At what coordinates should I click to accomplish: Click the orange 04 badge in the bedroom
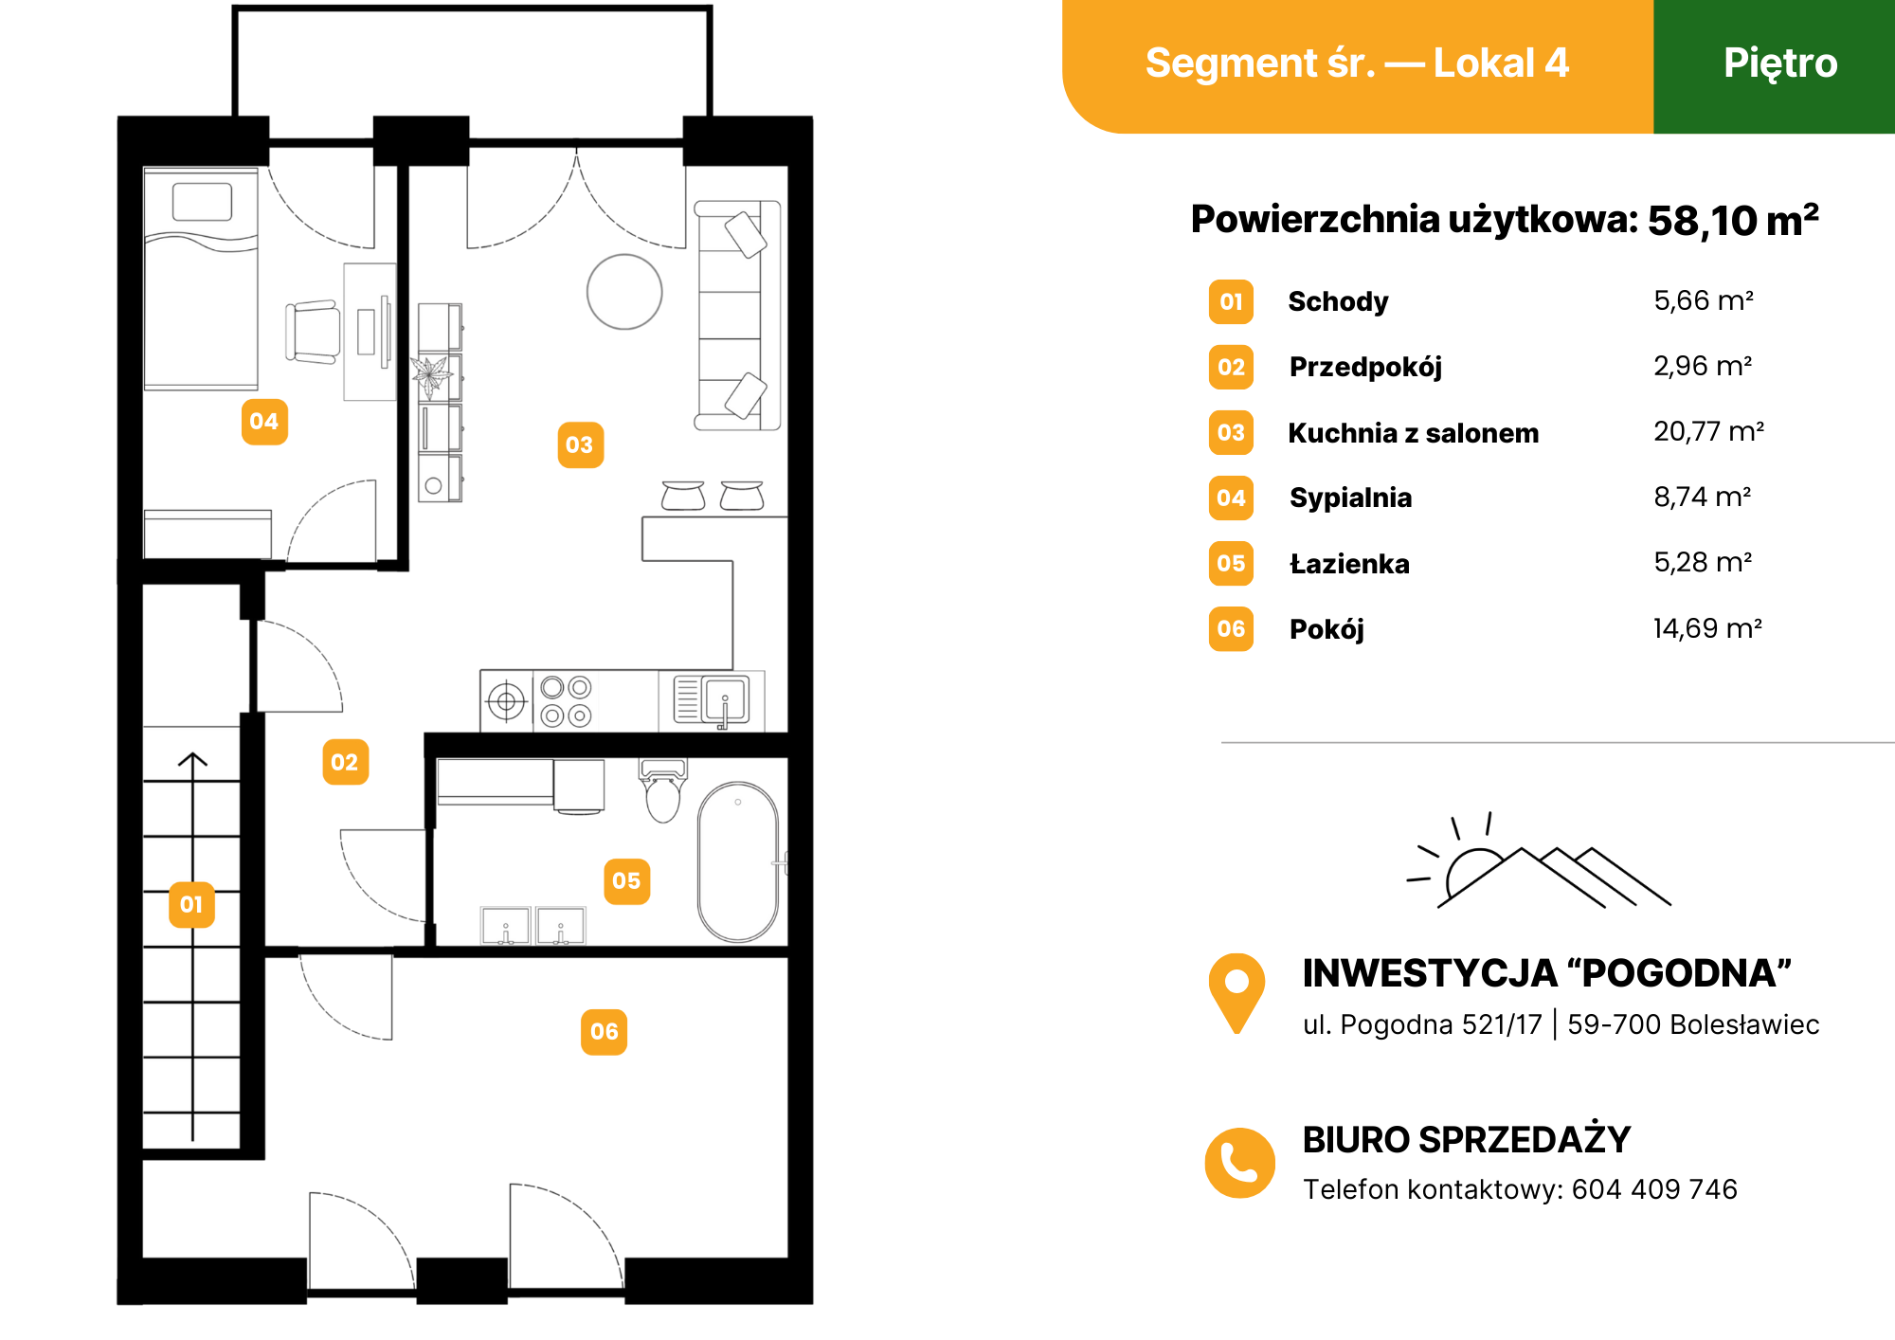(x=264, y=422)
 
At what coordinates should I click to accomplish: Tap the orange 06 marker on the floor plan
(x=604, y=1032)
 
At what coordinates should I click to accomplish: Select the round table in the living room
(x=624, y=292)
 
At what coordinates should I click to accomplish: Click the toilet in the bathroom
(x=663, y=790)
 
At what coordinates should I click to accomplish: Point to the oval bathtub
(x=738, y=862)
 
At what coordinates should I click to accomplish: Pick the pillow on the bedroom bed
(x=202, y=202)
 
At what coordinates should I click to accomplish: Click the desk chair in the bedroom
(x=313, y=332)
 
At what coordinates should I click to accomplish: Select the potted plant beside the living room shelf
(x=432, y=374)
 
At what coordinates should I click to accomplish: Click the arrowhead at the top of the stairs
(x=192, y=759)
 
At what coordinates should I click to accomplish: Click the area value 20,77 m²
(x=1708, y=432)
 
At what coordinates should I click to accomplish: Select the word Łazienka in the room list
(x=1349, y=564)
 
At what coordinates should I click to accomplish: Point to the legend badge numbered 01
(x=1231, y=302)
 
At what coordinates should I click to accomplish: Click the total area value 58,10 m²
(x=1733, y=220)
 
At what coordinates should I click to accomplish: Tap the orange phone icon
(x=1239, y=1163)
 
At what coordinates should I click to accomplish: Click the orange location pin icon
(x=1236, y=992)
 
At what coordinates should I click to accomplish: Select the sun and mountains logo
(x=1538, y=860)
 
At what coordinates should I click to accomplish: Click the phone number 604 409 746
(x=1654, y=1189)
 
